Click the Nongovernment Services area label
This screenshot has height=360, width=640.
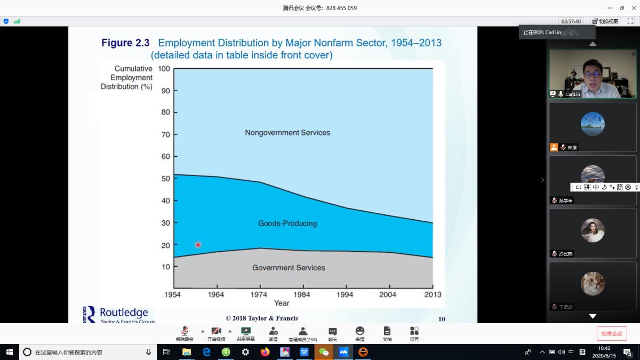point(287,132)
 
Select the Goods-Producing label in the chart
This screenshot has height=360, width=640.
point(287,223)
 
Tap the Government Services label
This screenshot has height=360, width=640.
point(289,268)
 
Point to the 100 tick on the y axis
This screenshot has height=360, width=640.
point(164,68)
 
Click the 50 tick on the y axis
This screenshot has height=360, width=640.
point(165,179)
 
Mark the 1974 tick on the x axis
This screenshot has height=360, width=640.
point(259,294)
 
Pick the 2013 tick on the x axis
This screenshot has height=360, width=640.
point(433,294)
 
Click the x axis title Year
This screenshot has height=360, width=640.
point(282,303)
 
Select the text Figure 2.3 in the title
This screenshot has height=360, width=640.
point(125,43)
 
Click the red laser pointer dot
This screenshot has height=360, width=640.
point(198,245)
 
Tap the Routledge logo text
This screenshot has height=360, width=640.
point(124,313)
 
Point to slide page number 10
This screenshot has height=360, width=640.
point(442,319)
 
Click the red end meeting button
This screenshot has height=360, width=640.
point(612,334)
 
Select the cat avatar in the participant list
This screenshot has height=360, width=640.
point(593,283)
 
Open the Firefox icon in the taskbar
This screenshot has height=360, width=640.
point(265,352)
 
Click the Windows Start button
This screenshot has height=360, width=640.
point(10,352)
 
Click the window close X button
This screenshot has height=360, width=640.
point(634,8)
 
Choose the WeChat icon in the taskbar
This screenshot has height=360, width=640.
point(324,352)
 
